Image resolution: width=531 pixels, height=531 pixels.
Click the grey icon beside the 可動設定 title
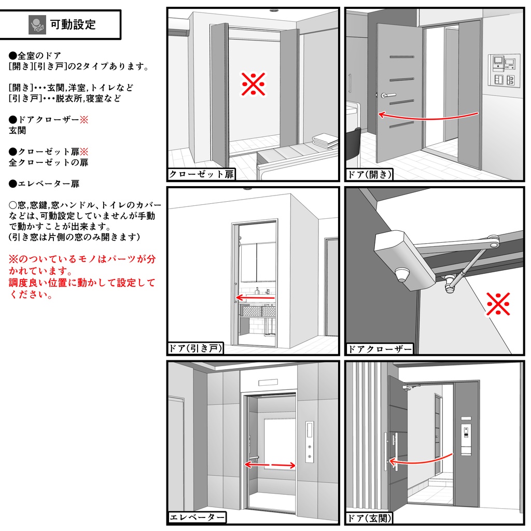click(37, 24)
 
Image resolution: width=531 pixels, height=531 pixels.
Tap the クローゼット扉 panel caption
click(202, 174)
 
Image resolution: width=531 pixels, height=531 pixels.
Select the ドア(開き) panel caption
click(369, 174)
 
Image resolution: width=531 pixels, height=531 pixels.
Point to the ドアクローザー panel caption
click(380, 349)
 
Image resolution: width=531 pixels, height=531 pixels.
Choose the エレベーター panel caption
click(198, 517)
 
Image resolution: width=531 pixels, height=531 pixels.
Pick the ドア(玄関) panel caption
click(369, 518)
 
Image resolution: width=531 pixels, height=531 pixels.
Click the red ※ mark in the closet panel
click(254, 84)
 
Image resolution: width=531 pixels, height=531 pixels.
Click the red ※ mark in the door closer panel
click(498, 304)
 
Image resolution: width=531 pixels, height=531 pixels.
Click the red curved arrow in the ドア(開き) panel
click(428, 117)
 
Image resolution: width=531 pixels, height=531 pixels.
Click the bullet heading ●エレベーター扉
click(45, 184)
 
